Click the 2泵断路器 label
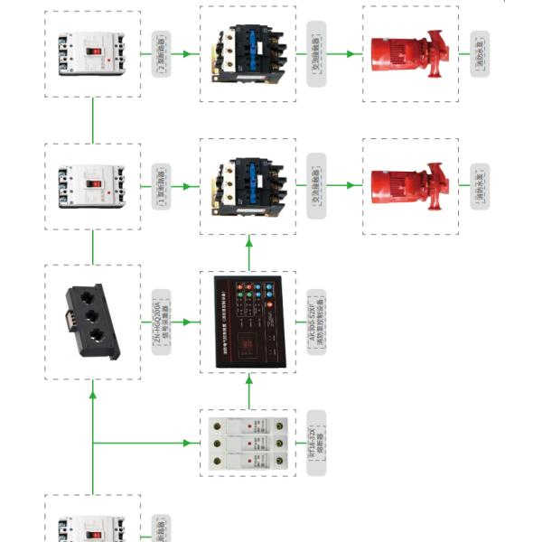click(x=162, y=54)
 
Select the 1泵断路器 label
click(x=162, y=186)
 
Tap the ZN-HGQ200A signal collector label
click(x=162, y=322)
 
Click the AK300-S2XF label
click(x=316, y=322)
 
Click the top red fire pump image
click(x=410, y=53)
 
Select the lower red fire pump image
click(x=410, y=186)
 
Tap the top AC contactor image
click(x=248, y=53)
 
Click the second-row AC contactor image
click(x=248, y=186)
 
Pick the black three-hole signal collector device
click(x=93, y=322)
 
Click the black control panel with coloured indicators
click(x=248, y=322)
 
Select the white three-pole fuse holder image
click(x=248, y=443)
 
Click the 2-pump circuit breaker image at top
click(x=93, y=54)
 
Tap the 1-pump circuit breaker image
click(x=93, y=186)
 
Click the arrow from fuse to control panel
click(x=248, y=389)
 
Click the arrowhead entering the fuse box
click(x=192, y=443)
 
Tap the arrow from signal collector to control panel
click(x=187, y=322)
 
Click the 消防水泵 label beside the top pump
click(x=479, y=54)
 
